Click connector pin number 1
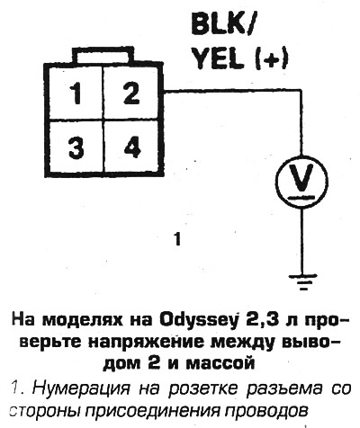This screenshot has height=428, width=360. (76, 94)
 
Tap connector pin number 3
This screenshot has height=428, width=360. (76, 147)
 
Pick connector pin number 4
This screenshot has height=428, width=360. (132, 147)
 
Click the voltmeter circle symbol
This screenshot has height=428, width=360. (301, 182)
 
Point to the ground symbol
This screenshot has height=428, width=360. (303, 281)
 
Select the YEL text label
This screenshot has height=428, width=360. (218, 58)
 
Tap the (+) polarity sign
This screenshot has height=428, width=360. (272, 59)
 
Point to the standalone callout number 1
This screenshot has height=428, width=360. (178, 240)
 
